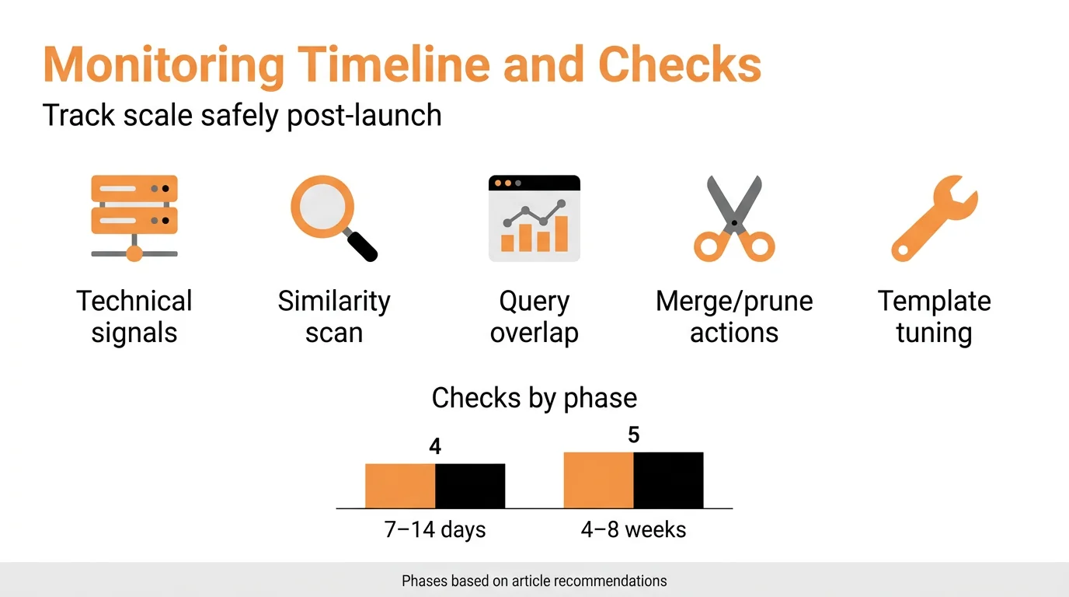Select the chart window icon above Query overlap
pyautogui.click(x=534, y=218)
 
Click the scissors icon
pyautogui.click(x=734, y=218)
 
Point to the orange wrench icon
pyautogui.click(x=935, y=218)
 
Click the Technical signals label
pyautogui.click(x=134, y=316)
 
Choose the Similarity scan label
pyautogui.click(x=334, y=316)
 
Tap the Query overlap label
pyautogui.click(x=534, y=316)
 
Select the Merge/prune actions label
pyautogui.click(x=734, y=316)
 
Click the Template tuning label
pyautogui.click(x=935, y=316)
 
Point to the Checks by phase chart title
pyautogui.click(x=534, y=398)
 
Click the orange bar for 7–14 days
pyautogui.click(x=400, y=486)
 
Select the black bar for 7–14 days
pyautogui.click(x=470, y=486)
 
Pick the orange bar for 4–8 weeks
pyautogui.click(x=598, y=480)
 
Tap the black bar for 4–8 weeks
pyautogui.click(x=668, y=480)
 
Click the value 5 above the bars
pyautogui.click(x=634, y=435)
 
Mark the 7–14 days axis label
pyautogui.click(x=435, y=530)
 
